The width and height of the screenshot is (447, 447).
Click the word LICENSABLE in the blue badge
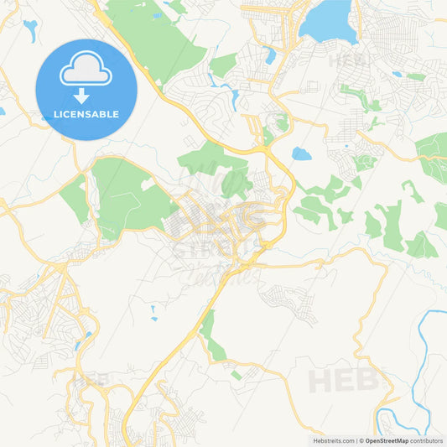86,114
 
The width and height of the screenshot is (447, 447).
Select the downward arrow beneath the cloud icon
86,94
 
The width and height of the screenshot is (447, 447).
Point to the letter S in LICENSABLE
92,114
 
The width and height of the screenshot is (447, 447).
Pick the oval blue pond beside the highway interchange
301,154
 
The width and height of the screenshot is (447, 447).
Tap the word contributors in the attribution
428,439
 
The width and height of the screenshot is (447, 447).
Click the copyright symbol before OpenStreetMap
363,439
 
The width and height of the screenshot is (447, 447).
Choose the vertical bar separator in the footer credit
357,439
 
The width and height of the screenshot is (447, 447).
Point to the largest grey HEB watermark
344,380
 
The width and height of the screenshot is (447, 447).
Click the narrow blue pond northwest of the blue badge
30,31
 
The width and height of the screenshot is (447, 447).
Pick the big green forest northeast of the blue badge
159,38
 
